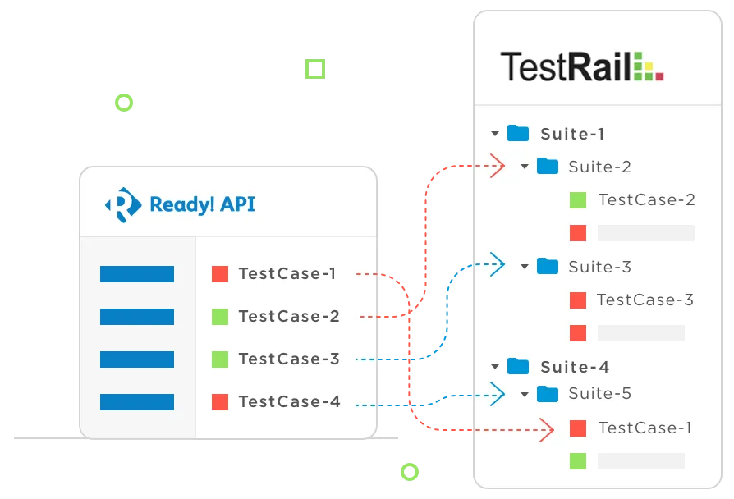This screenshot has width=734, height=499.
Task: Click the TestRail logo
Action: [582, 66]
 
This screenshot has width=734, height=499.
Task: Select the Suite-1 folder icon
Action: [518, 133]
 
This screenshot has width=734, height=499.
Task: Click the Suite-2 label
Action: [599, 167]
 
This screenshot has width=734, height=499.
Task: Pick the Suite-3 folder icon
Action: [548, 266]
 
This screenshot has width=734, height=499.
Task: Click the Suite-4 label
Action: [575, 366]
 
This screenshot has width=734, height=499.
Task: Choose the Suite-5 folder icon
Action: [548, 394]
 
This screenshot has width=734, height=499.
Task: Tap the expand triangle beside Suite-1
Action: [494, 133]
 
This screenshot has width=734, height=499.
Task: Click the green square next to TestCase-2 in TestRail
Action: [578, 199]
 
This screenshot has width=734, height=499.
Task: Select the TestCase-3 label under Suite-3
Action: [645, 300]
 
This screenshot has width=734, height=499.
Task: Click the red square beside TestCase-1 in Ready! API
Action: [219, 273]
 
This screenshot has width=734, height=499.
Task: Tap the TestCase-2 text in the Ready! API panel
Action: [289, 316]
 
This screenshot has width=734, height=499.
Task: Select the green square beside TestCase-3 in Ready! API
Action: [219, 359]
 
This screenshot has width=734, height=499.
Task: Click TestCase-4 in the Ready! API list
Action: [289, 401]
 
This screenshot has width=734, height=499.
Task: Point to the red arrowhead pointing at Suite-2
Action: [498, 167]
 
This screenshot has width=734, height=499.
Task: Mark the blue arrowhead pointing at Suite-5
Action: [498, 394]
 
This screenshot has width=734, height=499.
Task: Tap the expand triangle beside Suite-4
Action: [494, 366]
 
